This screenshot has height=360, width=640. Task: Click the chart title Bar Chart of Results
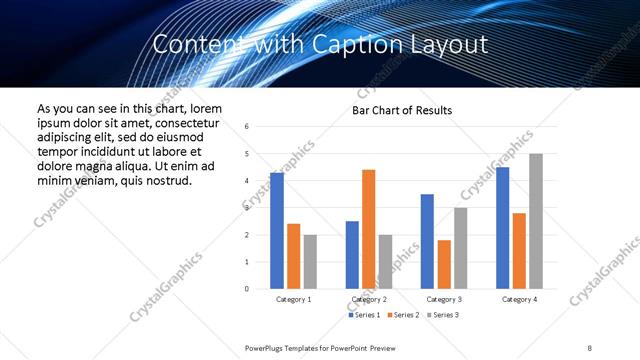tap(402, 110)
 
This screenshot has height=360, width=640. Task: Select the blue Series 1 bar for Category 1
tap(277, 231)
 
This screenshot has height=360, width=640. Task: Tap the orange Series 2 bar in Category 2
tap(368, 229)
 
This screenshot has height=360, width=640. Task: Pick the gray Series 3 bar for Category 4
tap(536, 221)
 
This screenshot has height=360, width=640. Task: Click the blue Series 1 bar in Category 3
tap(427, 241)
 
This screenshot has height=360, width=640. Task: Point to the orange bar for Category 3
tap(444, 264)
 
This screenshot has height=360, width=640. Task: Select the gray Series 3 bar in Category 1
tap(310, 262)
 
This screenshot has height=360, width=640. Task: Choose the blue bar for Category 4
tap(502, 228)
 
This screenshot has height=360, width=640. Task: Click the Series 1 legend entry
tap(366, 316)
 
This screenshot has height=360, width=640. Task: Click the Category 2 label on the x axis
tap(369, 299)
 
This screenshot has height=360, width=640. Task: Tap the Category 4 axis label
tap(519, 299)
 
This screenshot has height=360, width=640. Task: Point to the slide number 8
tap(589, 346)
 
